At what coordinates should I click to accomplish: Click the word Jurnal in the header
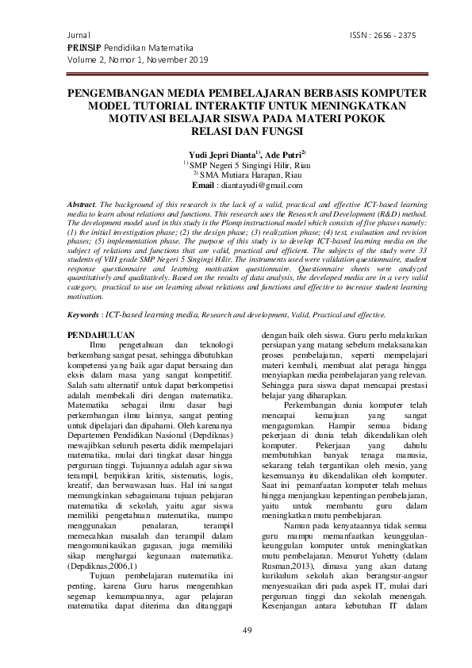coord(80,36)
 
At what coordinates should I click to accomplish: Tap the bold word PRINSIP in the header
coord(85,48)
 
